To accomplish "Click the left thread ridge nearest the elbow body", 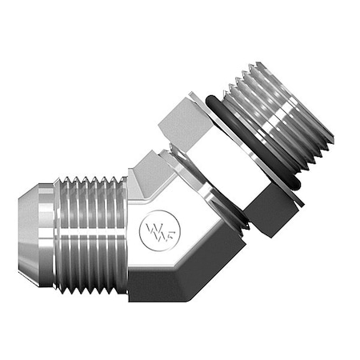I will [x=120, y=232].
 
